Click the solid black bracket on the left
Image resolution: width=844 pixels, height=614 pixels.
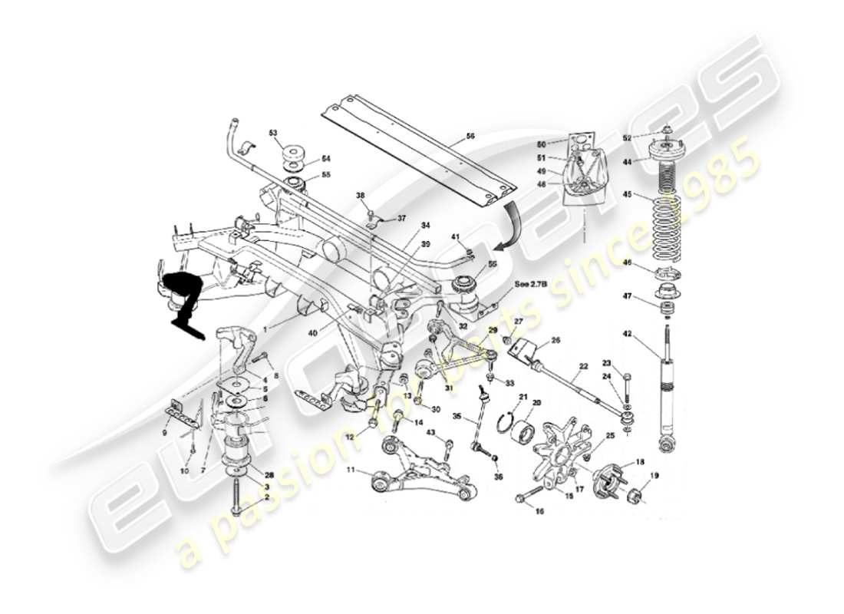[x=183, y=300]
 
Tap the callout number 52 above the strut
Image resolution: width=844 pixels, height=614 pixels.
[x=627, y=138]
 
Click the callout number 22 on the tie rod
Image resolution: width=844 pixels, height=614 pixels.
[x=584, y=368]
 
